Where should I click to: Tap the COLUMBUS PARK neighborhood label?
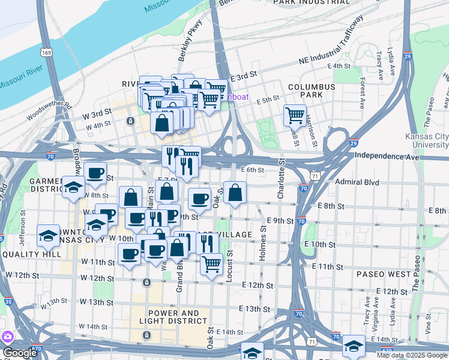tap(311, 91)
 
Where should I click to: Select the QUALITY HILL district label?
tap(31, 254)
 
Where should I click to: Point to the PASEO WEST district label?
tap(384, 274)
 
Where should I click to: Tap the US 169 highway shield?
tap(46, 52)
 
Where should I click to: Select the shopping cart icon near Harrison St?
tap(295, 115)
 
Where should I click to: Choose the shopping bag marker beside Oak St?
tap(235, 193)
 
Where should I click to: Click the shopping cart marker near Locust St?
tap(211, 263)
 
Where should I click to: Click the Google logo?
tap(19, 353)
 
